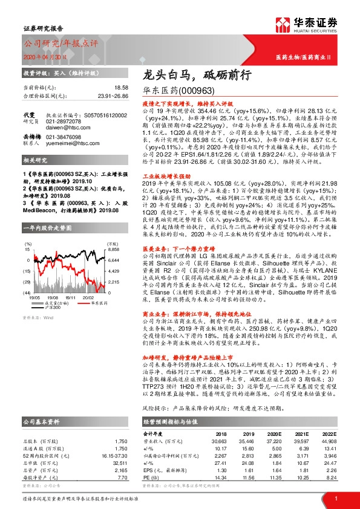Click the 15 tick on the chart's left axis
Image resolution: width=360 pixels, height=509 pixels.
click(28, 232)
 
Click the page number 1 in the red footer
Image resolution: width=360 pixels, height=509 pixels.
click(336, 497)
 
